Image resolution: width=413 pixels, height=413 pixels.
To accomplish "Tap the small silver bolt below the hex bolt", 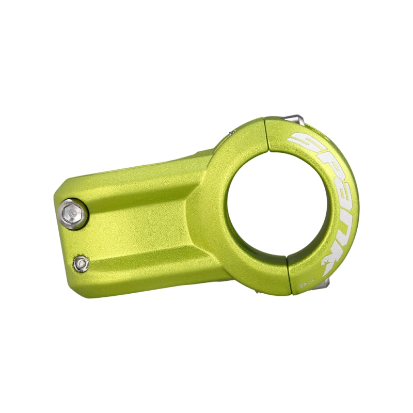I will [80, 264].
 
